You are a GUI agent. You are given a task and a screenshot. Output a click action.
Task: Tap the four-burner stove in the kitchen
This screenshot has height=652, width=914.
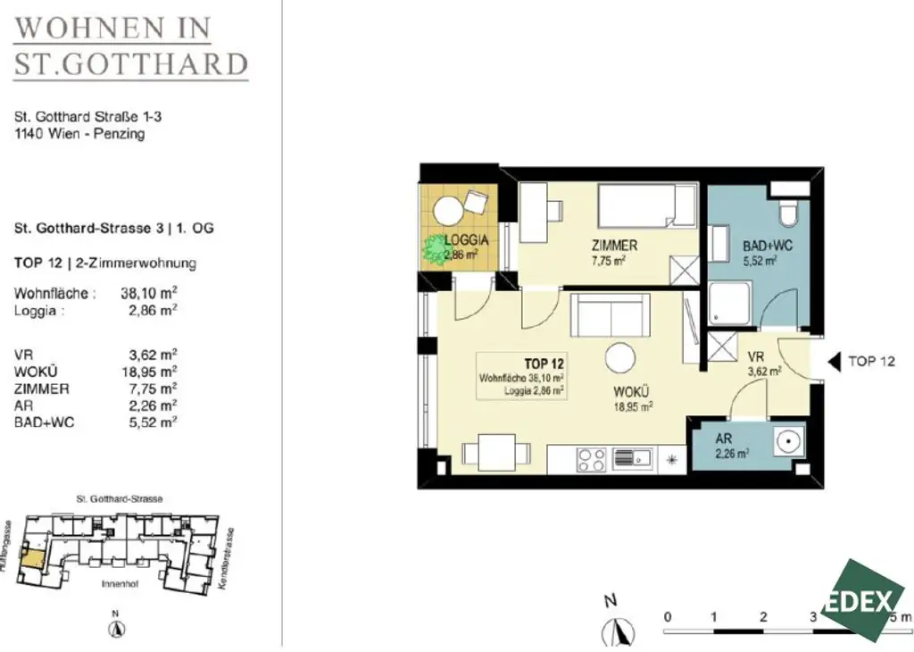click(592, 459)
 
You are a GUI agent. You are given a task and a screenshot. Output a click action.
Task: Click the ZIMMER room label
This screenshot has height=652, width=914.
click(612, 246)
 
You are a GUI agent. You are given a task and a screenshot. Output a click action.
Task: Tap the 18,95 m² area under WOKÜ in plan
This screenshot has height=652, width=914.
click(632, 405)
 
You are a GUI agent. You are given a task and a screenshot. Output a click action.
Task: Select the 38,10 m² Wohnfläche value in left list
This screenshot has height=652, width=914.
click(148, 292)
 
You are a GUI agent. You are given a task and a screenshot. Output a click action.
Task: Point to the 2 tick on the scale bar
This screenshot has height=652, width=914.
click(763, 617)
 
